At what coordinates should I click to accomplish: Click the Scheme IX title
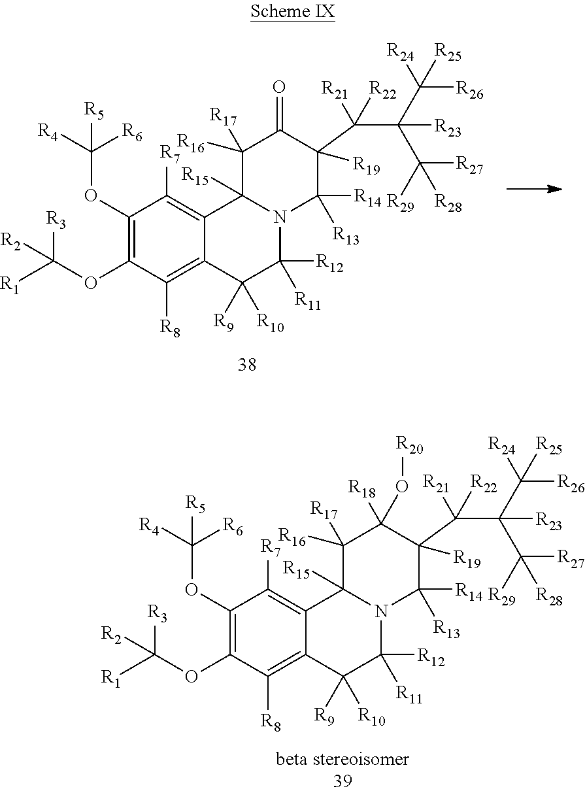pyautogui.click(x=293, y=12)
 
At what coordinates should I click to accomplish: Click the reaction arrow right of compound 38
pyautogui.click(x=534, y=189)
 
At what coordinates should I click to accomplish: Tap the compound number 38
pyautogui.click(x=247, y=365)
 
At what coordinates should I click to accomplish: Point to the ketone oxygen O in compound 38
pyautogui.click(x=279, y=87)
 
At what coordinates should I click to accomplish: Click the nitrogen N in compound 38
pyautogui.click(x=280, y=216)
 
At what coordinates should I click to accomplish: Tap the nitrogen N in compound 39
pyautogui.click(x=381, y=611)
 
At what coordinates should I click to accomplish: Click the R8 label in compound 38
pyautogui.click(x=170, y=328)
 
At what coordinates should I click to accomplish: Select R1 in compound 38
pyautogui.click(x=9, y=285)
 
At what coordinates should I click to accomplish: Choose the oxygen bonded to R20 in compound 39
pyautogui.click(x=402, y=486)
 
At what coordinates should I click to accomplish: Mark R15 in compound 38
pyautogui.click(x=195, y=177)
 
